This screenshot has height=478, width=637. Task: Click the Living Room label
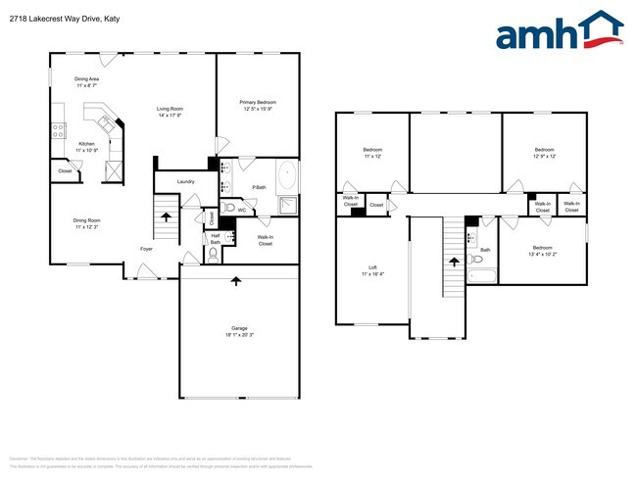171,109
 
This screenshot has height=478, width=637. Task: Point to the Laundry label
185,182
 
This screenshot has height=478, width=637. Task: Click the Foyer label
146,249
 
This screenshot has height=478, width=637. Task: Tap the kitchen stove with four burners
58,127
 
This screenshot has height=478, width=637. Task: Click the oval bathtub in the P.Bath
286,177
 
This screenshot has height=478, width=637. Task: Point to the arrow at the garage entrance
235,281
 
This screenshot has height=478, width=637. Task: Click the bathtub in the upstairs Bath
482,277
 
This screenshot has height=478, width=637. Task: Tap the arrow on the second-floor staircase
453,261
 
